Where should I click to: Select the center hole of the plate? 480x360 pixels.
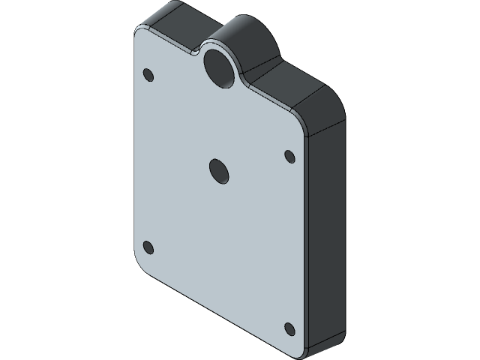pyautogui.click(x=218, y=171)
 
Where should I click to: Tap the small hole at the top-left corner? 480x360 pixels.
pyautogui.click(x=148, y=75)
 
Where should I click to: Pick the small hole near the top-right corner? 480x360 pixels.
pyautogui.click(x=289, y=156)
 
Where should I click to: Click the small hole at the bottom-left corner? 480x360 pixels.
pyautogui.click(x=148, y=247)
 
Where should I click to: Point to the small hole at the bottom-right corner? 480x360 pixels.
pyautogui.click(x=289, y=328)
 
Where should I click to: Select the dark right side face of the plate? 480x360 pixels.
pyautogui.click(x=326, y=232)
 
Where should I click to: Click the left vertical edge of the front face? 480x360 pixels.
pyautogui.click(x=134, y=150)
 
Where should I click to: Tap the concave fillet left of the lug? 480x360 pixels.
pyautogui.click(x=196, y=50)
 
